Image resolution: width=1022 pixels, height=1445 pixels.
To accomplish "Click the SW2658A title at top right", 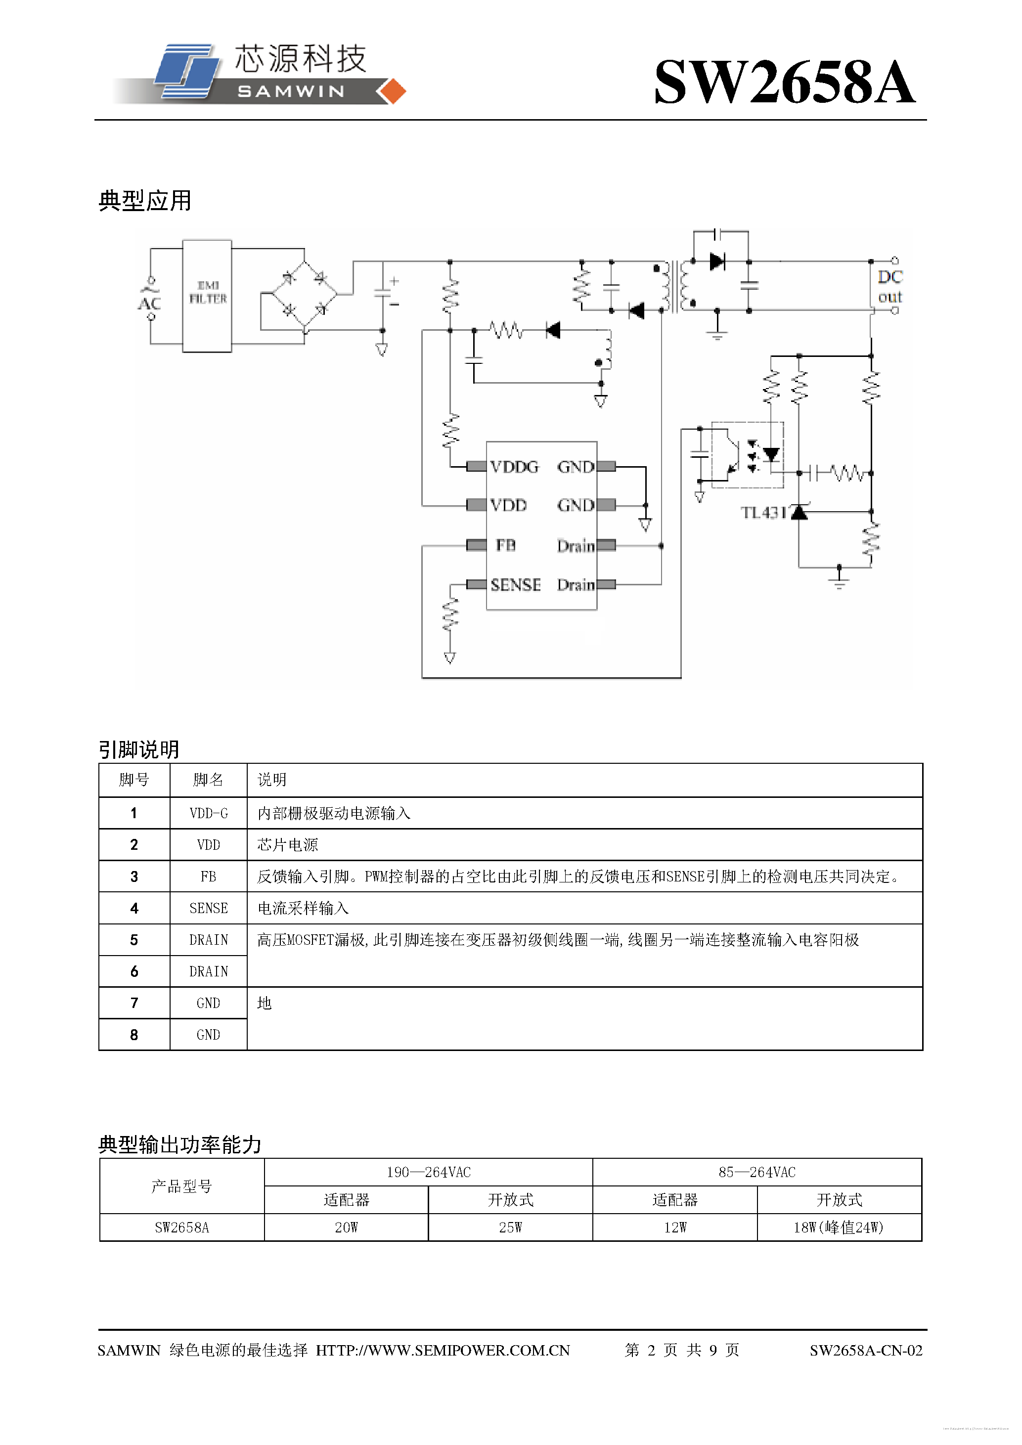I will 784,82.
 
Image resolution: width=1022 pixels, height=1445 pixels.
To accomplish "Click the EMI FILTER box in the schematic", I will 207,295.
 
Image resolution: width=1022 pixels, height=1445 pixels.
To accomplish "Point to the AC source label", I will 149,304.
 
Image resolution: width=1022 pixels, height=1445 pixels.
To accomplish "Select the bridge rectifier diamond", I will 305,294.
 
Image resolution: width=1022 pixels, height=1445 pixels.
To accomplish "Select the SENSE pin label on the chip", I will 515,585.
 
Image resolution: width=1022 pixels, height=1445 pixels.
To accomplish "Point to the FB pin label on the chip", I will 505,545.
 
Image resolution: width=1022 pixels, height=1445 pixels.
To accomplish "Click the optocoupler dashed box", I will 747,454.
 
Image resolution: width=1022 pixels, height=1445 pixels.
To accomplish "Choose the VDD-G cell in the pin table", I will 208,813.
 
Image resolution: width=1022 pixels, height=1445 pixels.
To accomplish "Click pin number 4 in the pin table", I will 134,908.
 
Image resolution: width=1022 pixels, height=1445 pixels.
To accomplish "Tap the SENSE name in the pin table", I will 208,908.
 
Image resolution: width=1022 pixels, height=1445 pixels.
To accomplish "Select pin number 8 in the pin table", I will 134,1035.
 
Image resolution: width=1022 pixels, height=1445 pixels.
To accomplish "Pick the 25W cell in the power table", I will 510,1227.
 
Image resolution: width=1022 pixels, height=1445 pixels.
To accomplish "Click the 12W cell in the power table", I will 674,1227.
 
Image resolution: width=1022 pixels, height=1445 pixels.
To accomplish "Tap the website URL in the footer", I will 443,1350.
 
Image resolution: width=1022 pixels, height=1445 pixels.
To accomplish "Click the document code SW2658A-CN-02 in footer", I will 865,1350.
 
